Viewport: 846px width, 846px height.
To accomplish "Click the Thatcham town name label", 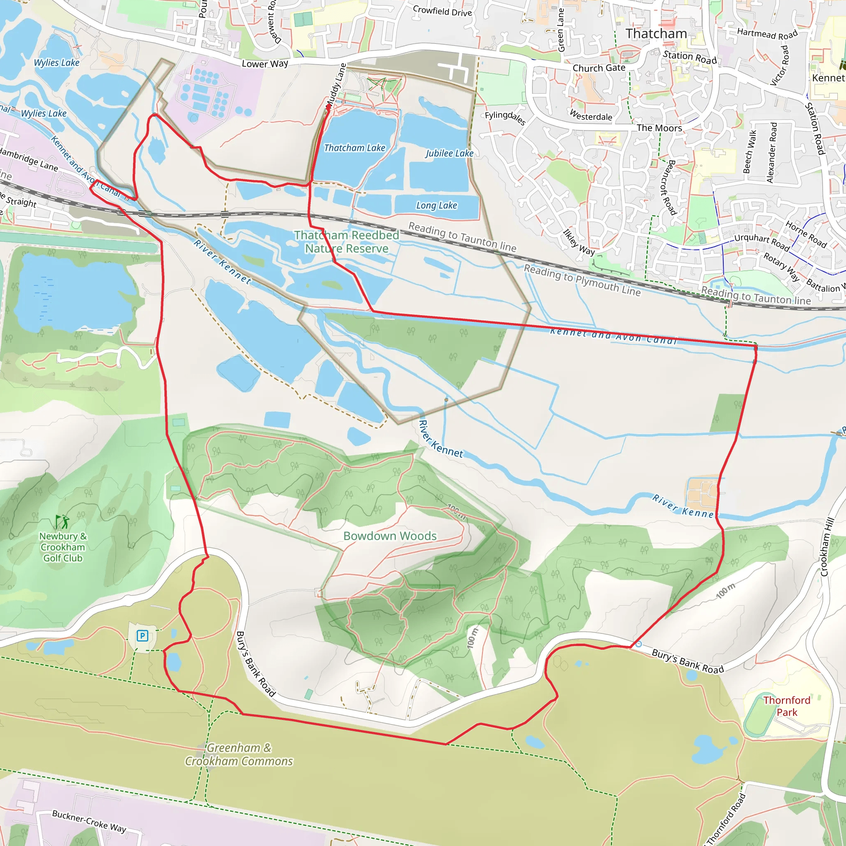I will pyautogui.click(x=656, y=34).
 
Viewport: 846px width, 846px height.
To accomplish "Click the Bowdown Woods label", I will pyautogui.click(x=390, y=536).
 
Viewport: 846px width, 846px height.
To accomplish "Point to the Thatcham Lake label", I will pyautogui.click(x=354, y=148).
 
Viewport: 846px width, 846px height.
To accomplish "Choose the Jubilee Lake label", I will pyautogui.click(x=449, y=153).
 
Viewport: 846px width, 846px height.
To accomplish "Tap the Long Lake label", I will pyautogui.click(x=436, y=205).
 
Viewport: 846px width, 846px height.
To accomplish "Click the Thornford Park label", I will pyautogui.click(x=787, y=706).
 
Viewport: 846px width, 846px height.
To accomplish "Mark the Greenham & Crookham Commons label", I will pyautogui.click(x=239, y=754).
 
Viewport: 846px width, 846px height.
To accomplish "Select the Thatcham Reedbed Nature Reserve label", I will pyautogui.click(x=346, y=242).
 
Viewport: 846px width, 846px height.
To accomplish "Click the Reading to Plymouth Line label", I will pyautogui.click(x=582, y=280).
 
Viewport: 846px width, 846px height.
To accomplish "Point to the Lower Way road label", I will pyautogui.click(x=265, y=64).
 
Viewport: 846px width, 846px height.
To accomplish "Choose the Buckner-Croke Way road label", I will pyautogui.click(x=89, y=821).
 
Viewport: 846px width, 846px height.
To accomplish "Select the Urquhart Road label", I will pyautogui.click(x=762, y=242).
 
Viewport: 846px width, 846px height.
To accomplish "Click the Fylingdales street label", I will pyautogui.click(x=505, y=117).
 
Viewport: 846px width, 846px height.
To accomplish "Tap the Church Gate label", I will pyautogui.click(x=599, y=68).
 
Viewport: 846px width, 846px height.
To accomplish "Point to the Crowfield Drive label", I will pyautogui.click(x=442, y=11).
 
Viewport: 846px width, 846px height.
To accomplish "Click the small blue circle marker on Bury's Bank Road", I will pyautogui.click(x=639, y=644).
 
